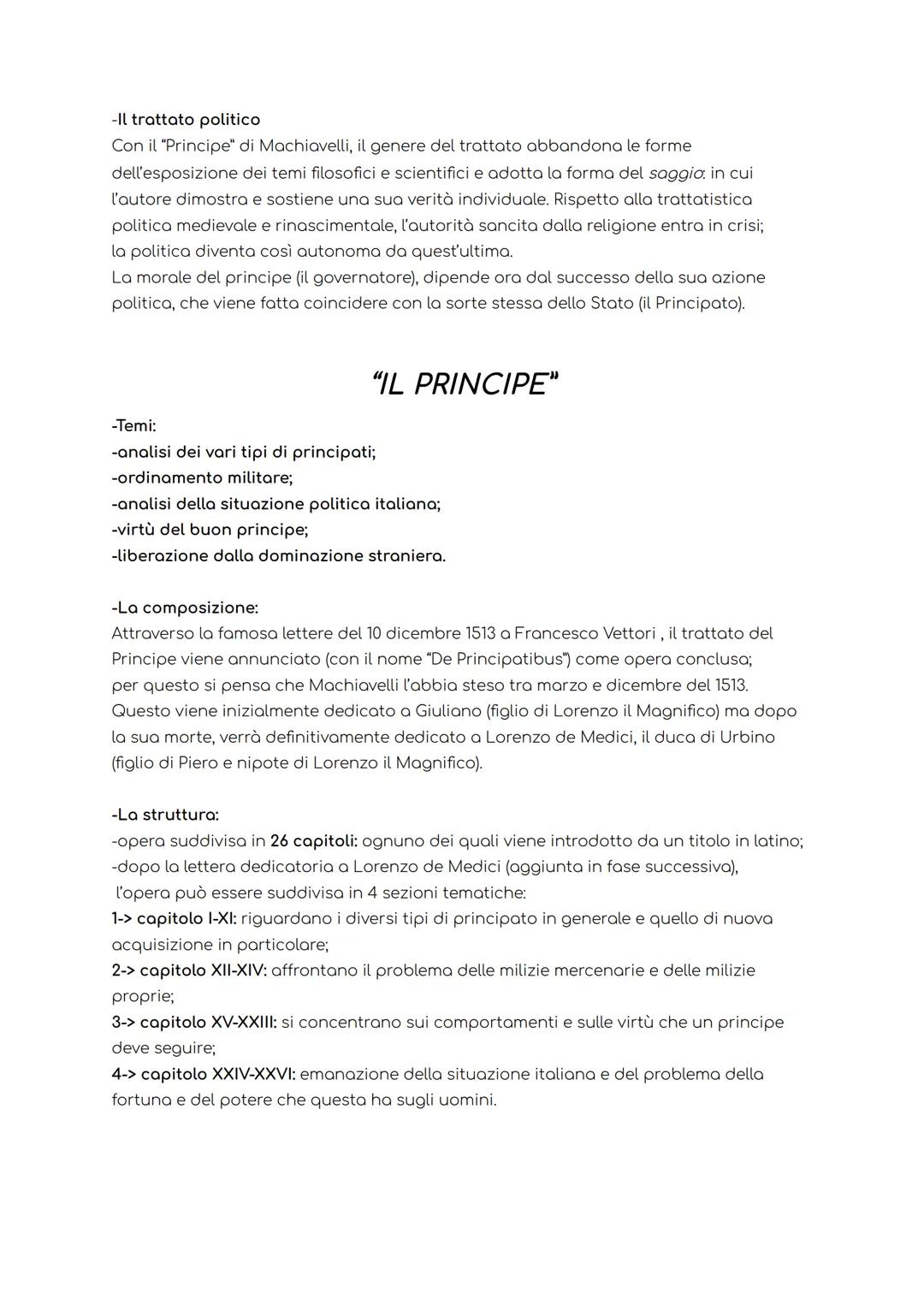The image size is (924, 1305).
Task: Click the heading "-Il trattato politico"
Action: click(186, 120)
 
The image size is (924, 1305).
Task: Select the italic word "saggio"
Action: click(675, 173)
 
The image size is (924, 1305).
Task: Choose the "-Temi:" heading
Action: click(133, 425)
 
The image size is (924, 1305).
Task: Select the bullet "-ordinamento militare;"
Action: click(202, 478)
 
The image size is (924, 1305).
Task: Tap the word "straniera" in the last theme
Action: click(406, 555)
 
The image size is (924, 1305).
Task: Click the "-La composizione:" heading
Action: click(185, 608)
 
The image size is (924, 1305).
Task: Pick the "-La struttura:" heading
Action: click(165, 815)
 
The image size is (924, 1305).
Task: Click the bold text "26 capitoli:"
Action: click(313, 841)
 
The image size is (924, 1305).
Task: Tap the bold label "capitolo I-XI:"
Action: click(187, 918)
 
